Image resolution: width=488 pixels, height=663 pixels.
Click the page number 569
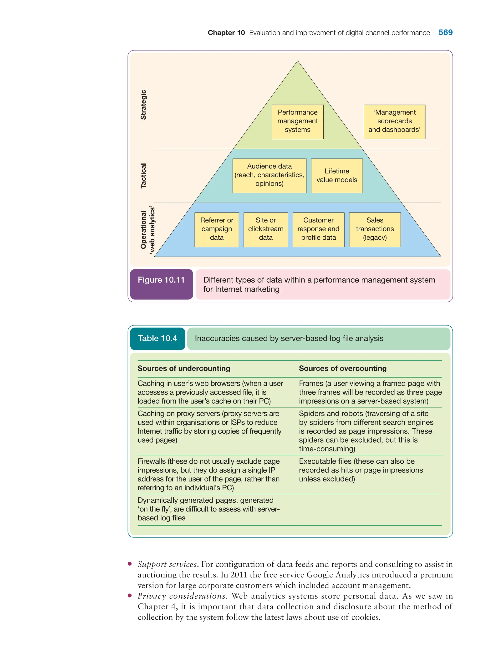pyautogui.click(x=445, y=32)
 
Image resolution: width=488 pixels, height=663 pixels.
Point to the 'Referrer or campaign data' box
pyautogui.click(x=217, y=229)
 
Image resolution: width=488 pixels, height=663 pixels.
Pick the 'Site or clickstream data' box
pyautogui.click(x=265, y=229)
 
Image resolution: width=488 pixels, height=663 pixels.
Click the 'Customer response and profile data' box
pyautogui.click(x=318, y=229)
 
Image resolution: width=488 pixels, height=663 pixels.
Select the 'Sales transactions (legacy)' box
pyautogui.click(x=375, y=229)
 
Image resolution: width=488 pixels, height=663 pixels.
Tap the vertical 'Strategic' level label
pyautogui.click(x=143, y=105)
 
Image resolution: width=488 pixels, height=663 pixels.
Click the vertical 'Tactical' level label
pyautogui.click(x=143, y=176)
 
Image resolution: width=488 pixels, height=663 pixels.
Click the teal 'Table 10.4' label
pyautogui.click(x=158, y=339)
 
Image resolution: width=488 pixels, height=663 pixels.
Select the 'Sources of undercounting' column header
pyautogui.click(x=184, y=368)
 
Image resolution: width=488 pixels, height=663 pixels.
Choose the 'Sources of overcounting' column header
pyautogui.click(x=343, y=368)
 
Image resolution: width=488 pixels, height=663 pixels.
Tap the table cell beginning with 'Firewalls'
pyautogui.click(x=208, y=474)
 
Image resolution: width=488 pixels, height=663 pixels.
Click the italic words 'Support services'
pyautogui.click(x=167, y=564)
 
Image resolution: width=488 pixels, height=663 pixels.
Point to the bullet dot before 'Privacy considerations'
pyautogui.click(x=130, y=596)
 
